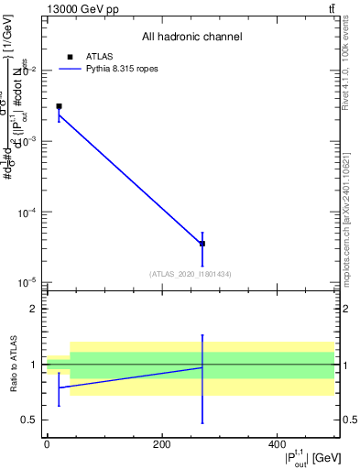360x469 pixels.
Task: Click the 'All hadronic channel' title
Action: (x=192, y=37)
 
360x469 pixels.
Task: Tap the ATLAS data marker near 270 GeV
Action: (x=202, y=244)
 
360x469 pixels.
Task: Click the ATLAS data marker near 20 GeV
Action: (x=59, y=106)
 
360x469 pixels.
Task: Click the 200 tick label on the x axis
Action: (x=161, y=444)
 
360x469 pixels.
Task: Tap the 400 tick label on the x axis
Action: (x=277, y=444)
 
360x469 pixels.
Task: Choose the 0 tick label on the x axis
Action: (x=47, y=444)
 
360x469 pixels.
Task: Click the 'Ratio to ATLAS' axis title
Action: (x=13, y=365)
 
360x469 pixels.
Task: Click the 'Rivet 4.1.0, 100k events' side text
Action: (x=350, y=91)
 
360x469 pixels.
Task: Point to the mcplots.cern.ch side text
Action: (x=350, y=229)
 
